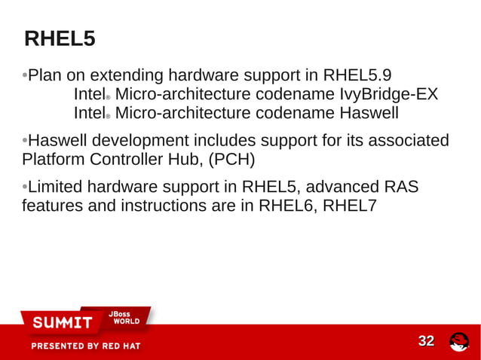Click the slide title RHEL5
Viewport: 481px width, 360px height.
coord(60,38)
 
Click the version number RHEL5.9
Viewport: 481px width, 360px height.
coord(357,76)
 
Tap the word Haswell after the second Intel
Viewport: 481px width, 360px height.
coord(368,114)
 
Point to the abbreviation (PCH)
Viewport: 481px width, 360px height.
coord(231,160)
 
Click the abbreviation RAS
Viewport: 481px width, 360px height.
coord(400,187)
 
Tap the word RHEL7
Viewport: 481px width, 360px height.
coord(349,206)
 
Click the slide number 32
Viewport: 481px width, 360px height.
coord(426,341)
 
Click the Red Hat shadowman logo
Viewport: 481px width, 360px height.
coord(459,342)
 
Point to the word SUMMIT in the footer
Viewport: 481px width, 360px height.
coord(62,323)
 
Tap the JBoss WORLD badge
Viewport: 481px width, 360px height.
coord(125,317)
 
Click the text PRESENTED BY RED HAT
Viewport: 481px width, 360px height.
coord(85,346)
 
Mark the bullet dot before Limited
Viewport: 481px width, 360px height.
coord(25,187)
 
